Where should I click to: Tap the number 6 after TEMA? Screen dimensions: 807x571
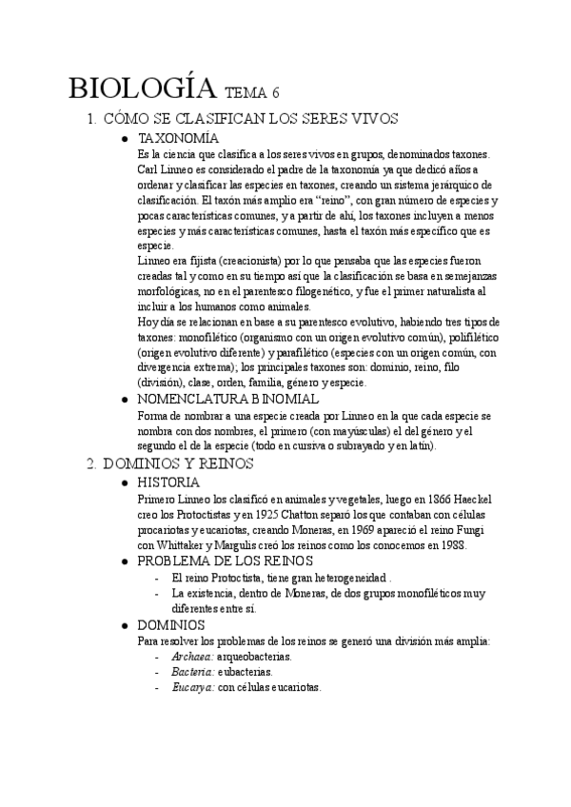click(276, 93)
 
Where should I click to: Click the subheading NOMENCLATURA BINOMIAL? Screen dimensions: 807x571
click(228, 400)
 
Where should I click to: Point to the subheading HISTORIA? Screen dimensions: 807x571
click(169, 482)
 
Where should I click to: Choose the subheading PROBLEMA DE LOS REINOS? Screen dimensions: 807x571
click(226, 561)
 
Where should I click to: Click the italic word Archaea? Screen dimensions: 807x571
click(192, 657)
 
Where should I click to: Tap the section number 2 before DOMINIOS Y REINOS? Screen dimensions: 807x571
click(90, 463)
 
